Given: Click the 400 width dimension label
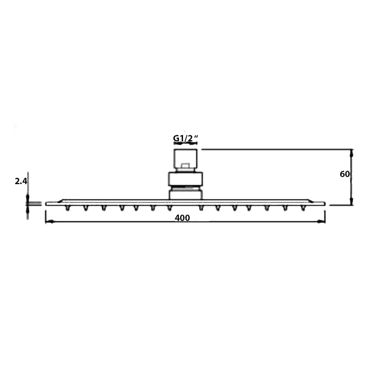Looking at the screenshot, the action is click(x=182, y=218).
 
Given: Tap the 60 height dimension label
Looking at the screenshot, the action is click(x=345, y=174).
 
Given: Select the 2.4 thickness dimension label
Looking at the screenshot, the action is click(x=21, y=181).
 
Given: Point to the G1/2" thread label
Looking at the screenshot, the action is click(x=185, y=138).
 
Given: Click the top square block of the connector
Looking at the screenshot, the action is click(x=185, y=158).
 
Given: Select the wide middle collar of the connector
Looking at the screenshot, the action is click(x=185, y=179).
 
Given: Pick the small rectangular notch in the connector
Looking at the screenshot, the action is click(x=185, y=166).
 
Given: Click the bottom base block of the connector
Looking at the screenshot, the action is click(x=185, y=194).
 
